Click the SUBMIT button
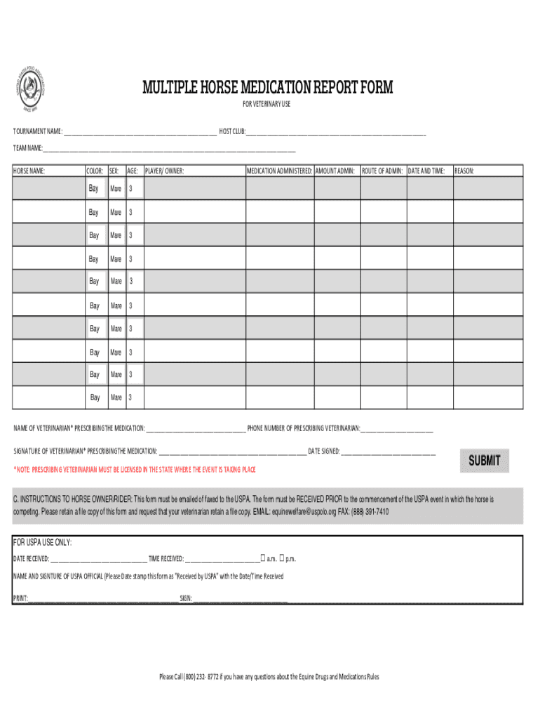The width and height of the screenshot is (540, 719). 484,461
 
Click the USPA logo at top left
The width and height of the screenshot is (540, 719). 31,88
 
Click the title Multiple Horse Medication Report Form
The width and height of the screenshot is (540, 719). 268,88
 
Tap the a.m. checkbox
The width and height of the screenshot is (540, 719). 262,558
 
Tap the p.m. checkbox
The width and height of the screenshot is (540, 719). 281,558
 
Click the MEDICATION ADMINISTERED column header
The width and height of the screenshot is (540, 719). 279,171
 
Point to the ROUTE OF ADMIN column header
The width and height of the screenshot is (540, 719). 382,171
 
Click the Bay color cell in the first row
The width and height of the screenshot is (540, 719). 94,188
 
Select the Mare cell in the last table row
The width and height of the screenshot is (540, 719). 116,397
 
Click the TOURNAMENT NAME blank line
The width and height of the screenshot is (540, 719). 140,132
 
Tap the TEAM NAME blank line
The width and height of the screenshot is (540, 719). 168,149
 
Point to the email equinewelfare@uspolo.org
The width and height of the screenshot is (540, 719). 304,512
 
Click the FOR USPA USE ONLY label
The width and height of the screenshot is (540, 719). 43,543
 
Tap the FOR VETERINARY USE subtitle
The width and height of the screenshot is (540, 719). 266,105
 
